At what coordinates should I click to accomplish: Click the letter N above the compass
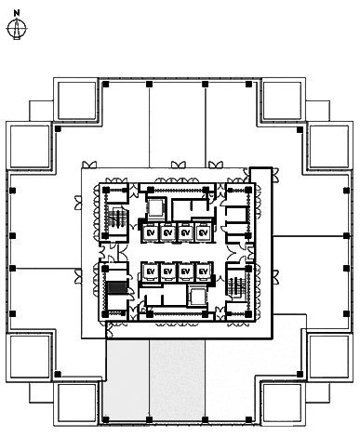17,13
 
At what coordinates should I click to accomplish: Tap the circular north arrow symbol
17,29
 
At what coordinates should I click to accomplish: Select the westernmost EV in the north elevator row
151,232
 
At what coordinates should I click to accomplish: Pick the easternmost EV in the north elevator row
203,232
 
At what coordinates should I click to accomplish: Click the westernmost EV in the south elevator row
151,271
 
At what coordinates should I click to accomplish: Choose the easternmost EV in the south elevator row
203,271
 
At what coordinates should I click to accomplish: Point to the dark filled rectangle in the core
117,288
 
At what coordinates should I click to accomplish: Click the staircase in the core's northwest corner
117,218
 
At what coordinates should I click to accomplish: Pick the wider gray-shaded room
177,379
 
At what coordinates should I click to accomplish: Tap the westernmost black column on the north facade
106,84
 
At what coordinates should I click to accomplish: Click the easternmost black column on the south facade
248,419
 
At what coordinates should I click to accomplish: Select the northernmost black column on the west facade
12,191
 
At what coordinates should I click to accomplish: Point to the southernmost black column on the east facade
346,313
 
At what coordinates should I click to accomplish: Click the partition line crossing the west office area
47,269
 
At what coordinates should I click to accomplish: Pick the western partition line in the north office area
150,126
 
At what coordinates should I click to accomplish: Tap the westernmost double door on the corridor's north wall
89,165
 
